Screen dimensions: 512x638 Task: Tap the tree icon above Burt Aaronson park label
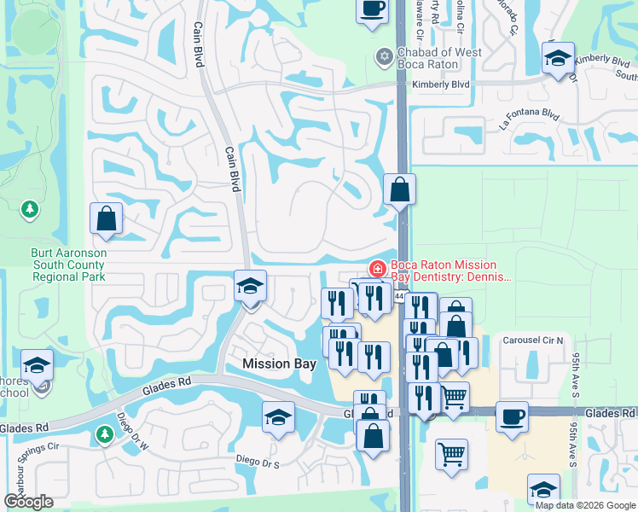point(31,208)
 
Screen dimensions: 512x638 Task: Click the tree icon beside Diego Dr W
point(104,434)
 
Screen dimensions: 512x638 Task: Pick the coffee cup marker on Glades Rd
point(512,417)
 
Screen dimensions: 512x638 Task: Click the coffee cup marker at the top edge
point(372,9)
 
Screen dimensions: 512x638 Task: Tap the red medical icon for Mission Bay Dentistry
point(376,269)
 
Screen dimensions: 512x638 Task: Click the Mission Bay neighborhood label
point(280,364)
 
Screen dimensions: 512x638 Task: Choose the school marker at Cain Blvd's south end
point(251,286)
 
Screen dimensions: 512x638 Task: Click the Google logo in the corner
point(28,502)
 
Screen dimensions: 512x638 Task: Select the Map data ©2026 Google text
point(584,505)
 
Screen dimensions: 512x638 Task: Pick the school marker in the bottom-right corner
point(543,490)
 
